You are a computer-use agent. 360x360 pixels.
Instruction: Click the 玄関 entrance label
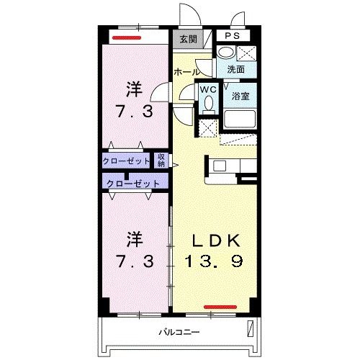click(187, 39)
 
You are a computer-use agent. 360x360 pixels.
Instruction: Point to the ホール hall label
click(186, 72)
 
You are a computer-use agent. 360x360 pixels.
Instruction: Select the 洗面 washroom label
click(236, 69)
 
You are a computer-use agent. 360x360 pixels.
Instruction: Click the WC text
click(207, 89)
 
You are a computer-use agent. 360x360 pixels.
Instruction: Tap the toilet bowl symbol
click(208, 104)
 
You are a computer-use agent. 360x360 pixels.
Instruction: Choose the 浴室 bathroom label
click(239, 95)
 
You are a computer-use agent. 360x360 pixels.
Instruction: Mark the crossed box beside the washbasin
click(247, 53)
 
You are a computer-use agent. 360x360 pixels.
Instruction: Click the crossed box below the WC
click(208, 127)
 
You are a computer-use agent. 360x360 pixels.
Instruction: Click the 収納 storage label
click(161, 160)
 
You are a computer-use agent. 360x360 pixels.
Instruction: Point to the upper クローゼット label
click(127, 160)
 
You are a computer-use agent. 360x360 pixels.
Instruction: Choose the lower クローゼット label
click(132, 183)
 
